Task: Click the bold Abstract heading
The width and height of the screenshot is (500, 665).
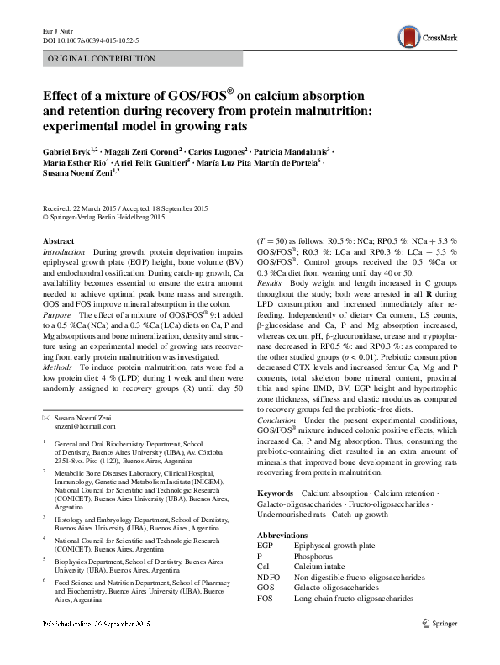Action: click(58, 241)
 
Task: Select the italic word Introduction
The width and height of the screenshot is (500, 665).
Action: click(64, 252)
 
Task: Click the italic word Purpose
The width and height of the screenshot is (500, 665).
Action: click(58, 314)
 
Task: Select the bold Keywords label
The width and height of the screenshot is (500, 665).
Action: click(275, 493)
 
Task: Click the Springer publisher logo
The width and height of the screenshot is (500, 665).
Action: click(442, 622)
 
